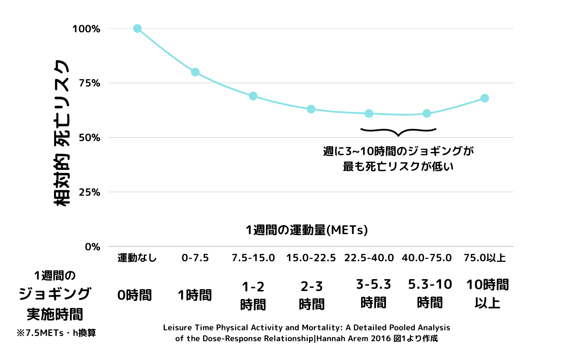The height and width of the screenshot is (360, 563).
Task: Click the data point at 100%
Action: [137, 28]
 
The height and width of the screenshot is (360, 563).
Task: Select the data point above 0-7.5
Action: [195, 72]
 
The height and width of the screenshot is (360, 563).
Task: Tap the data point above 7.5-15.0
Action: [253, 96]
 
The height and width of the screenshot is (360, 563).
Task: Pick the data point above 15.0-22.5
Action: [311, 109]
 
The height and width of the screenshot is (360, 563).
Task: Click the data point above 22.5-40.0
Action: [369, 114]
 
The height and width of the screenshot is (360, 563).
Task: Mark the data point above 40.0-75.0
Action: [427, 114]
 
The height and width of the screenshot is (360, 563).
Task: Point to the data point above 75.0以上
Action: [485, 98]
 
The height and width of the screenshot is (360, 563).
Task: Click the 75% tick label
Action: [89, 83]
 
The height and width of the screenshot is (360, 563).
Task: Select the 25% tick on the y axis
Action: [89, 192]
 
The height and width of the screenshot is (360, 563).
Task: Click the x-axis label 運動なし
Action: [137, 258]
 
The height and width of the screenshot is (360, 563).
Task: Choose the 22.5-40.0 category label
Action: [369, 258]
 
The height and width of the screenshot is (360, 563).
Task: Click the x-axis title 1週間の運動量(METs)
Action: [306, 230]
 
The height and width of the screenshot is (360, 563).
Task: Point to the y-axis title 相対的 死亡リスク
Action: [61, 133]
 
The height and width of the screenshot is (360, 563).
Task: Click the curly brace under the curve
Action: [398, 130]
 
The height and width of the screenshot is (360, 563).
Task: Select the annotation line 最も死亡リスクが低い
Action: [398, 166]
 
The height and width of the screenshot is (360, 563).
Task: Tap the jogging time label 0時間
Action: [135, 295]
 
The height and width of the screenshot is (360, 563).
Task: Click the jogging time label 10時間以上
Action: [487, 294]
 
